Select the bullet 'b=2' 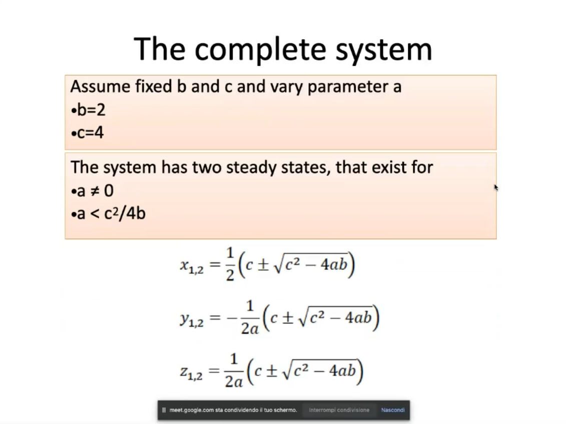(89, 110)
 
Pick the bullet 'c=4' (88, 132)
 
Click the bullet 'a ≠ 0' (93, 191)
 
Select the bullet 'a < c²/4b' (108, 213)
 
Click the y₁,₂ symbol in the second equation (192, 319)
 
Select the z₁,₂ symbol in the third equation (191, 372)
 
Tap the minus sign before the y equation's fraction (232, 318)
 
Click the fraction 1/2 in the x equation (230, 264)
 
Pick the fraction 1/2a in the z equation (234, 370)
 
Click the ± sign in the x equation (263, 265)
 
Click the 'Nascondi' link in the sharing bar (393, 410)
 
